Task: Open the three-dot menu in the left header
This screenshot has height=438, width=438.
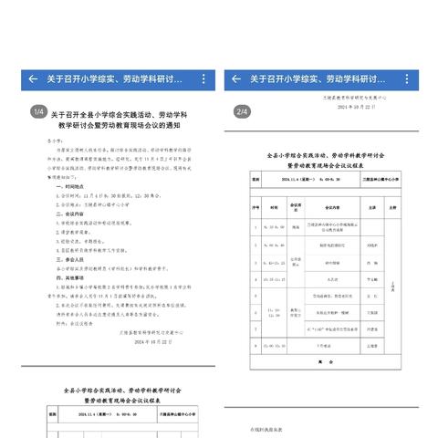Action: [203, 78]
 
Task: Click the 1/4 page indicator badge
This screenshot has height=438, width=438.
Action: [38, 111]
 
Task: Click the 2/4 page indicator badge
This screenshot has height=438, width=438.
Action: [242, 111]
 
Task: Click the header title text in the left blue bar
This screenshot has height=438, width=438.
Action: [115, 78]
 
